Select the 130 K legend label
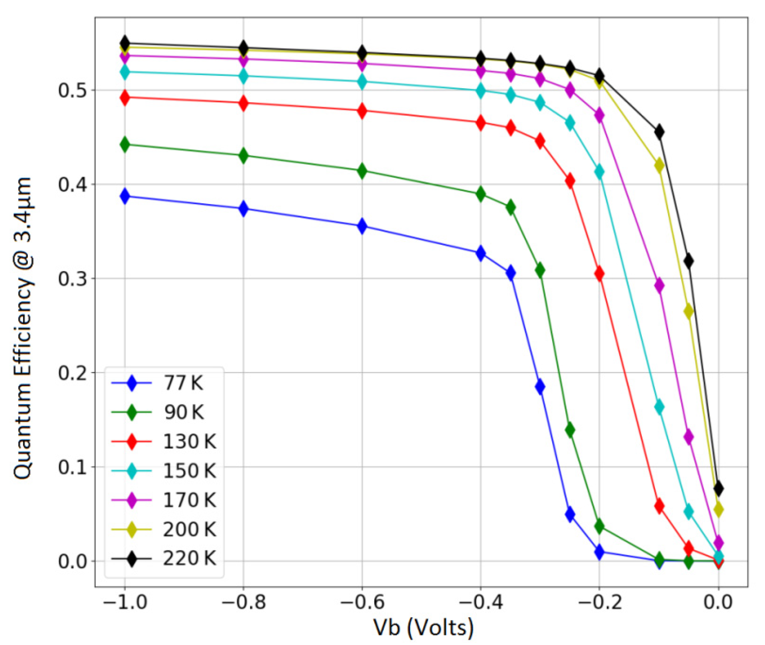189,442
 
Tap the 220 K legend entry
189,558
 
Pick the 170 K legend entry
189,500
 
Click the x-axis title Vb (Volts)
423,627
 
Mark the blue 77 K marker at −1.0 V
125,197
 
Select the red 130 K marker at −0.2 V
599,273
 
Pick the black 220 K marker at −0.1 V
659,132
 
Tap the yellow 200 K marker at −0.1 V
659,166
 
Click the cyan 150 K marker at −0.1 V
659,407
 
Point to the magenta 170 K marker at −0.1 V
659,286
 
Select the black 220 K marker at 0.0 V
718,488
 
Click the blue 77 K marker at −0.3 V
540,387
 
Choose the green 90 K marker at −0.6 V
362,171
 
